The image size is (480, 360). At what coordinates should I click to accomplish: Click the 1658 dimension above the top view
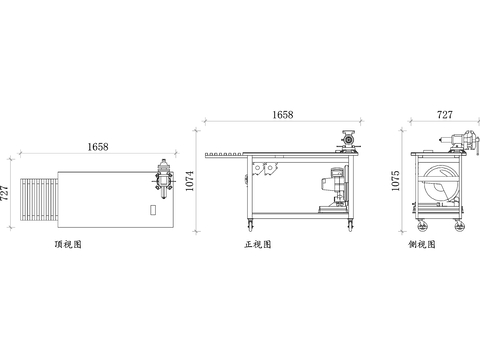pyautogui.click(x=98, y=147)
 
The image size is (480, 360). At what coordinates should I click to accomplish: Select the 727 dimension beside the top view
pyautogui.click(x=4, y=193)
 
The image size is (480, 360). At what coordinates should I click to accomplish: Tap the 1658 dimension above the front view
pyautogui.click(x=283, y=115)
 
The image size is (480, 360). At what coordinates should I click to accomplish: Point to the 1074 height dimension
pyautogui.click(x=189, y=181)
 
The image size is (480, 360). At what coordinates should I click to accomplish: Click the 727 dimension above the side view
pyautogui.click(x=445, y=115)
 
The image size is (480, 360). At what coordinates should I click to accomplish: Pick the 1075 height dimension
pyautogui.click(x=395, y=181)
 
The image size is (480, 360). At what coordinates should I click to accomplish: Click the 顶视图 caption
pyautogui.click(x=68, y=244)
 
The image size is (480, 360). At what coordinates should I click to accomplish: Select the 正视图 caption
pyautogui.click(x=258, y=244)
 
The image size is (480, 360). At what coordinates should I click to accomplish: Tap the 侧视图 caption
pyautogui.click(x=422, y=244)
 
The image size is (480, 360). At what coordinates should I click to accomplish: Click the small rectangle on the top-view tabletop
pyautogui.click(x=153, y=210)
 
